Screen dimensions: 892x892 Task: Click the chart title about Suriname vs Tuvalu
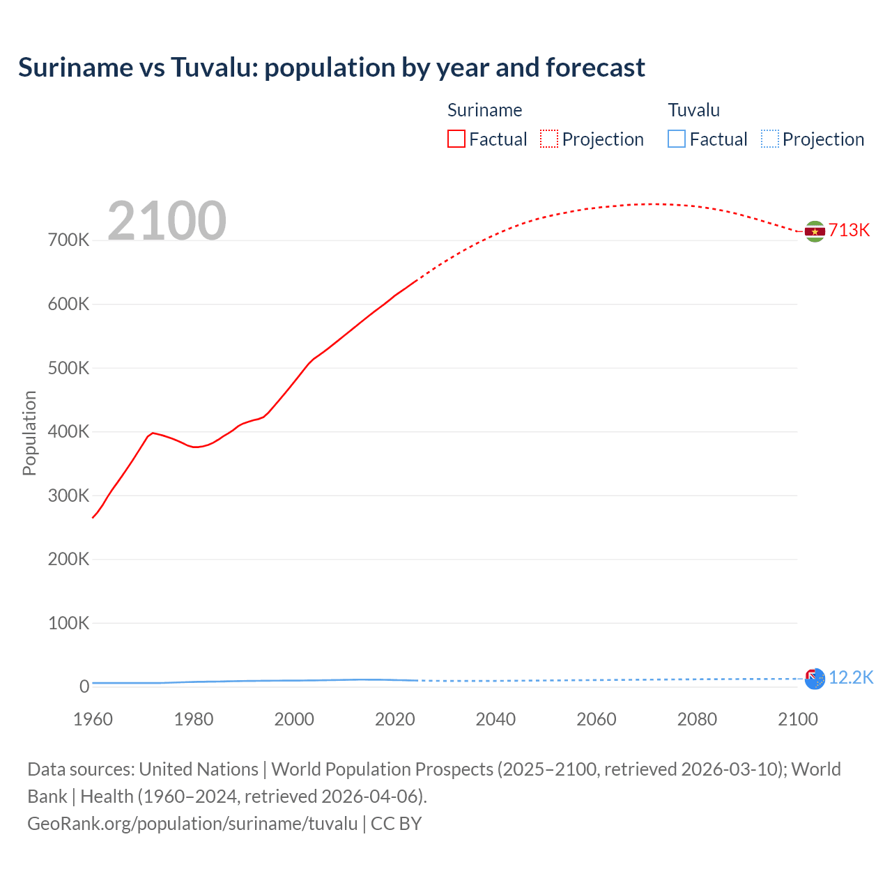[332, 68]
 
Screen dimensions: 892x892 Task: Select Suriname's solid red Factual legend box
[456, 139]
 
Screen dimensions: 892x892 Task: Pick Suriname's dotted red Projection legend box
[549, 139]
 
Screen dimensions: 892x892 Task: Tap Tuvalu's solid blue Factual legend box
[677, 139]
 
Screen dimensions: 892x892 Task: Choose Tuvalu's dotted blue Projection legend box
[770, 139]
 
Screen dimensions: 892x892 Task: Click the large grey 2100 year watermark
[167, 221]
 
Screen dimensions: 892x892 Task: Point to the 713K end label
[849, 231]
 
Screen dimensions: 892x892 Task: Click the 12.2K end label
[851, 677]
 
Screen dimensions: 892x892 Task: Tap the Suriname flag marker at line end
[815, 231]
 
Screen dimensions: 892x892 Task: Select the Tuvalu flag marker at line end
[815, 678]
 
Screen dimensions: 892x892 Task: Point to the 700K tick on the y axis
[69, 240]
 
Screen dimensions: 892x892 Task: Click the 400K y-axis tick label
[69, 432]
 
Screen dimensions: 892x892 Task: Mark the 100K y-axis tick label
[69, 623]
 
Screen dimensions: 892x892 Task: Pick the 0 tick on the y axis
[84, 686]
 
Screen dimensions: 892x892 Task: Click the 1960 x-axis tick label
[93, 719]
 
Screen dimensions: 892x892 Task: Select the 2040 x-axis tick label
[495, 719]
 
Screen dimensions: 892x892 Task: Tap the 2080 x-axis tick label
[697, 719]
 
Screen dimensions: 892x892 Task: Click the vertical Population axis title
[29, 433]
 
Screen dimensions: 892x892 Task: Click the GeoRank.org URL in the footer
[192, 824]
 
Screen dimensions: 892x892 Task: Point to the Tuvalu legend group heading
[693, 110]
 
